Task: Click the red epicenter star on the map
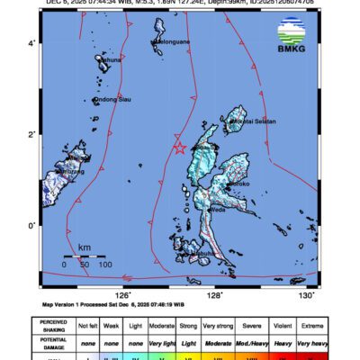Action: (x=179, y=148)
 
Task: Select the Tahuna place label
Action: (x=109, y=60)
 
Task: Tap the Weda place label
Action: (x=218, y=212)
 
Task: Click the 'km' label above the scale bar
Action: (x=84, y=247)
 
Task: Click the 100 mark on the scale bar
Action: (x=104, y=265)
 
